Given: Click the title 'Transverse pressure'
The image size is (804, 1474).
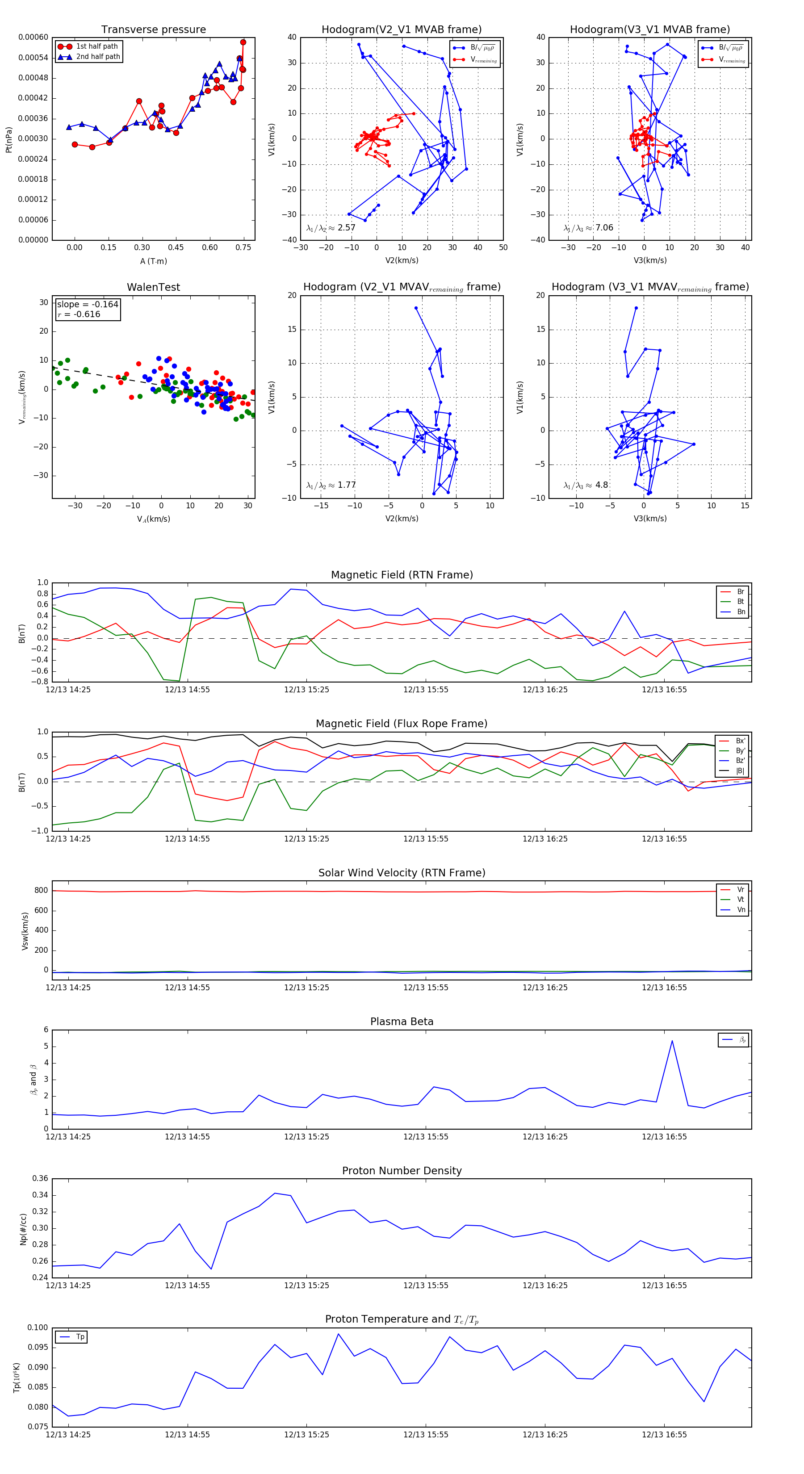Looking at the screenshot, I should pos(153,30).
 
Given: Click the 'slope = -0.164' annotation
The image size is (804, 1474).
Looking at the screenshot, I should pos(88,305).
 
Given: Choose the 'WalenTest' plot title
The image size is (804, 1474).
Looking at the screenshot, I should pos(153,287).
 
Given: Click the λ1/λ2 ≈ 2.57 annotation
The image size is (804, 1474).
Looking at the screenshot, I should pos(331,228).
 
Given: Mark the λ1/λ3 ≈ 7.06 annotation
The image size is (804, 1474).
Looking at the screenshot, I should pos(588,228).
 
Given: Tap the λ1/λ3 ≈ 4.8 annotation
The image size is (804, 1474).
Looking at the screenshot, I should pos(586,485).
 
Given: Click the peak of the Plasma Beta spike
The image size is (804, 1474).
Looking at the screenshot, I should pos(672,1041).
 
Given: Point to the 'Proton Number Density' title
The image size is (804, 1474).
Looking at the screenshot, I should pos(402,1171).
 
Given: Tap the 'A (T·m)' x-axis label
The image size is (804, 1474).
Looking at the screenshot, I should pos(153,261).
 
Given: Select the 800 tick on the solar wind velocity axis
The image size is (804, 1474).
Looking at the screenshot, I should pos(41,890).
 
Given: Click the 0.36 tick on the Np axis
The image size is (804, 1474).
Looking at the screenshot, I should pos(40,1178).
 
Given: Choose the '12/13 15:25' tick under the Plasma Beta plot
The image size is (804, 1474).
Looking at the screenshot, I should pos(307,1136).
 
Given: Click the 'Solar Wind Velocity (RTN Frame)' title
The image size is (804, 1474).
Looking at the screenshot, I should pos(402,873).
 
